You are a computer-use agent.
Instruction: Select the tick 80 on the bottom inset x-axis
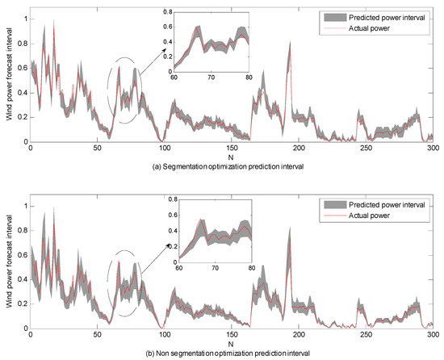251,267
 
